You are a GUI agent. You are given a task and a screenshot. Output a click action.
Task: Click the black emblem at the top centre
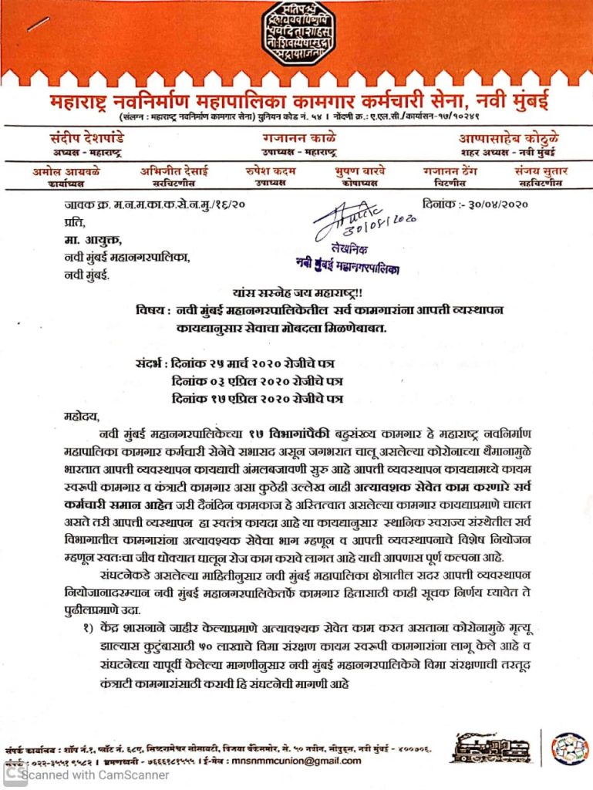(296, 34)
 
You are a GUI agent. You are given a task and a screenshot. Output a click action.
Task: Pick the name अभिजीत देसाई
(174, 171)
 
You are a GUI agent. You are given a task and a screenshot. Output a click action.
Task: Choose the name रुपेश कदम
(271, 171)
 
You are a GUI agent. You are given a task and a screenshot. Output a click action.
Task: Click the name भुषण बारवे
(359, 171)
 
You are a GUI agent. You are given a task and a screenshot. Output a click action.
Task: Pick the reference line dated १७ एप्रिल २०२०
(257, 399)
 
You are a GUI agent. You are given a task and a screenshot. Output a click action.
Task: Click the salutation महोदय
(82, 417)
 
